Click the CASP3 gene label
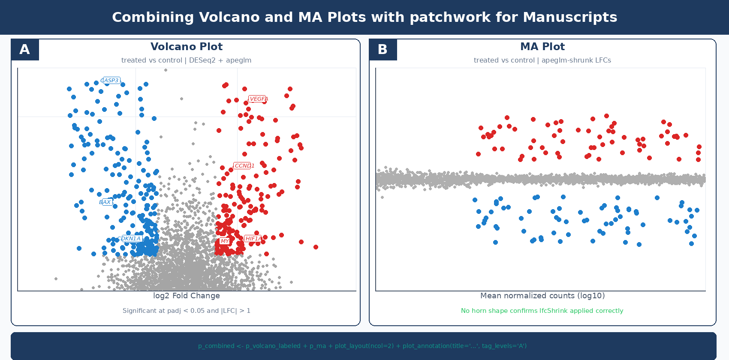(111, 81)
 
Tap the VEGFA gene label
(258, 99)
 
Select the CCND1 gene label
(243, 166)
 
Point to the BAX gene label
(106, 202)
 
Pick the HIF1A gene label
(253, 239)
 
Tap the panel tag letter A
(25, 50)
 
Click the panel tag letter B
(383, 50)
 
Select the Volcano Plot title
(187, 47)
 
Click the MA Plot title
(542, 47)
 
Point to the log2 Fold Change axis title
(187, 296)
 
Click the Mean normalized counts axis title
(542, 296)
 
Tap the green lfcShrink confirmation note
(542, 311)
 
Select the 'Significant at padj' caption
(187, 311)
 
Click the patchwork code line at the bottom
(362, 346)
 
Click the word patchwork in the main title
(442, 17)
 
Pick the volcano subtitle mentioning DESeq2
(187, 60)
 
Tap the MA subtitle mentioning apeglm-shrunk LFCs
(542, 60)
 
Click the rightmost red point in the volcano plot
(316, 247)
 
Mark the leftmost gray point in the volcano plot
(56, 279)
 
